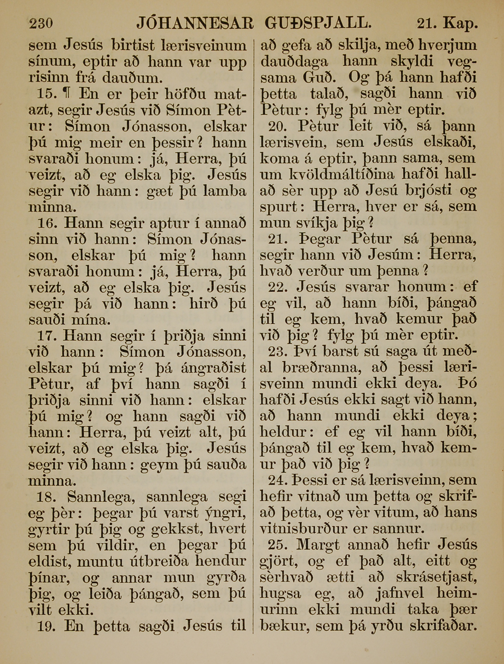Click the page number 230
(x=41, y=24)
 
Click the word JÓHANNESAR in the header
(x=195, y=23)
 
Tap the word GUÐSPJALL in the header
(x=318, y=23)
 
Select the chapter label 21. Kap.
(x=447, y=24)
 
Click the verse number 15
(x=46, y=94)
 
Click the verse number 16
(x=46, y=223)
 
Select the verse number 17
(x=46, y=336)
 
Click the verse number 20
(x=278, y=126)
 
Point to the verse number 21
(x=278, y=239)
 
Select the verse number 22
(x=278, y=287)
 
